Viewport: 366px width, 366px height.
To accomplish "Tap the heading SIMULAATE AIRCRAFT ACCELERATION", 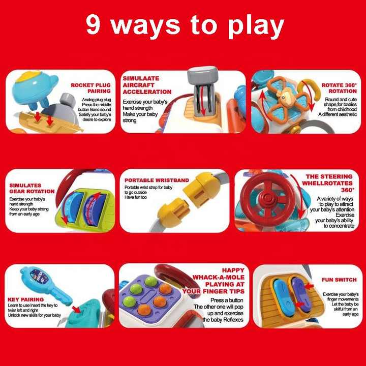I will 147,85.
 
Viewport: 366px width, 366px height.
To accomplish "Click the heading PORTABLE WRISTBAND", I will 157,180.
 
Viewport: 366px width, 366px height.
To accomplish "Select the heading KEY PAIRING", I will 25,299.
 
